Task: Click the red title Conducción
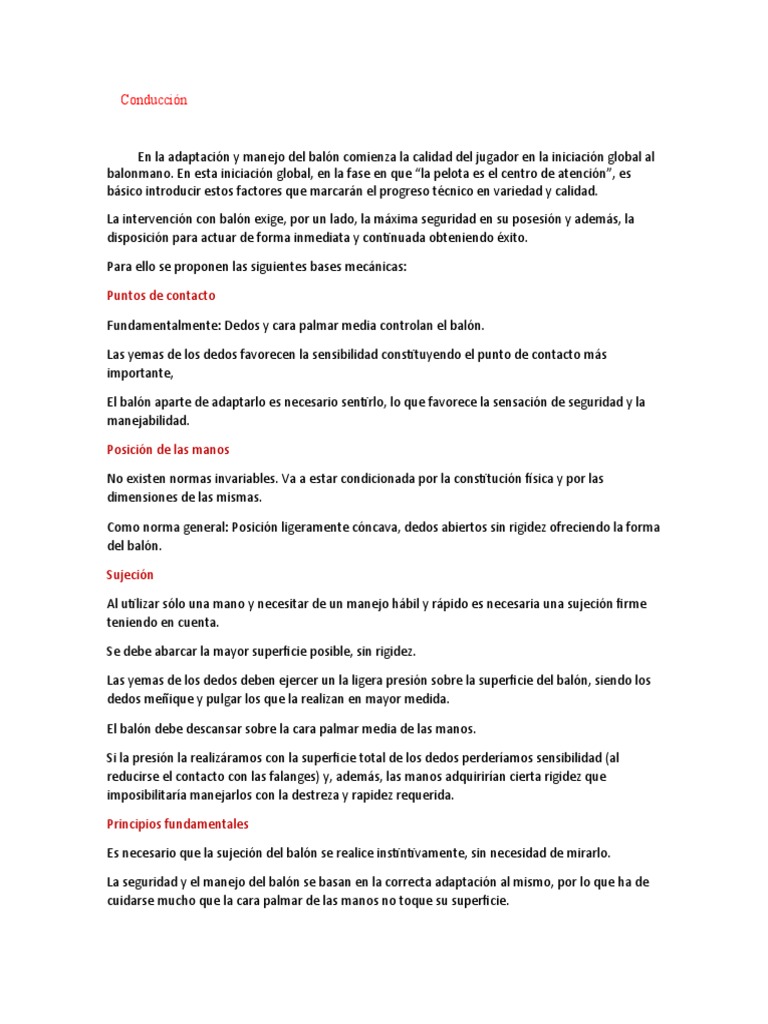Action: point(154,100)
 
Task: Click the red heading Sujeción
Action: point(130,575)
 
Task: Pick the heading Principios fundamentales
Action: point(177,824)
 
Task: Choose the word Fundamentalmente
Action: point(162,325)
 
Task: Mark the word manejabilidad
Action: point(147,421)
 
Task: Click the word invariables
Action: point(255,479)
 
